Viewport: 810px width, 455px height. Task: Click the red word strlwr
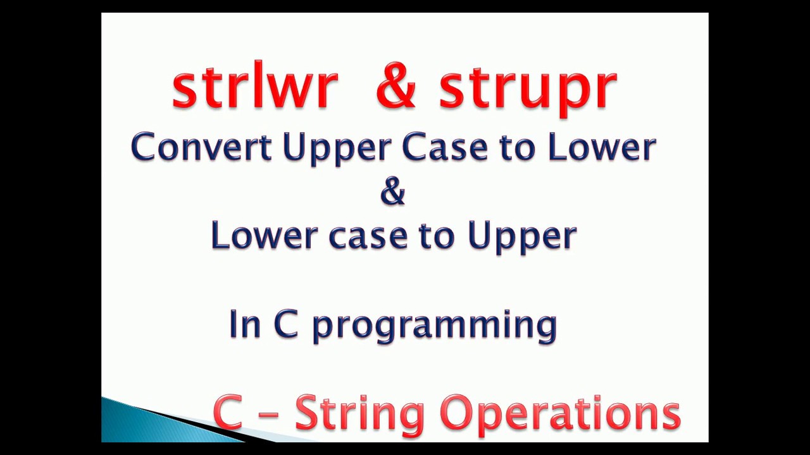coord(255,88)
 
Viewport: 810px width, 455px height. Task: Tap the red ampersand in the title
coord(396,88)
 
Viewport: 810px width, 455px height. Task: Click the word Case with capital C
coord(445,147)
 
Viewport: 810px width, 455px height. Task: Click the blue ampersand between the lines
coord(392,191)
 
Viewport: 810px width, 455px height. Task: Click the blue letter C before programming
coord(285,324)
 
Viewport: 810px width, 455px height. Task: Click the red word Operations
coord(559,415)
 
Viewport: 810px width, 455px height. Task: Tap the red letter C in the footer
coord(227,413)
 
